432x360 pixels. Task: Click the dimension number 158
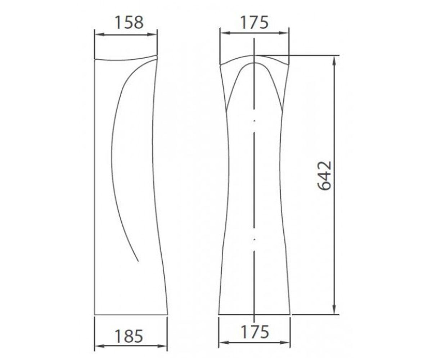click(x=129, y=23)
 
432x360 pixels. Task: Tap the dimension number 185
click(x=129, y=336)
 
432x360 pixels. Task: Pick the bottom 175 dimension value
click(x=255, y=332)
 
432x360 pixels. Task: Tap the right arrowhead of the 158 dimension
click(x=152, y=35)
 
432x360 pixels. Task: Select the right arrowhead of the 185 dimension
click(x=162, y=346)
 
